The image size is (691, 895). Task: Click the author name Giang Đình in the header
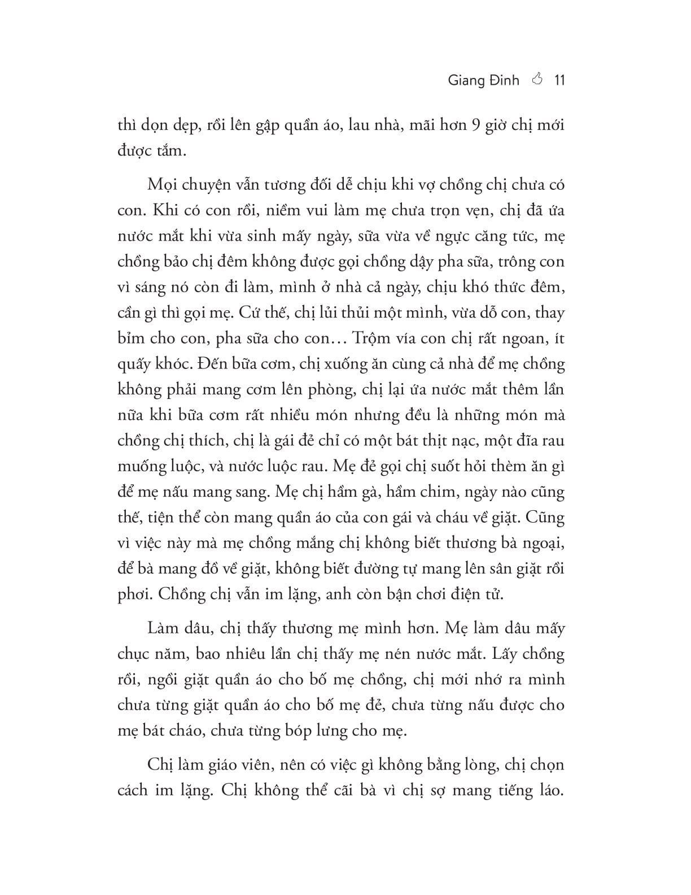[x=483, y=80]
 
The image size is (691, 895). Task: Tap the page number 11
[x=559, y=80]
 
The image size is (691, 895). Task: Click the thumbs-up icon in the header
[x=537, y=80]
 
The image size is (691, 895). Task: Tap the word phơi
[x=134, y=594]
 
